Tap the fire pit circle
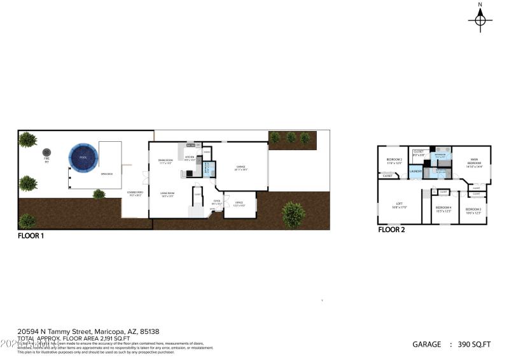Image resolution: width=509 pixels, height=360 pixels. [x=46, y=153]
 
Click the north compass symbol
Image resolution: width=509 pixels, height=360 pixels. [x=480, y=20]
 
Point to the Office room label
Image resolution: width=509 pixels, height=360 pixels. [x=239, y=204]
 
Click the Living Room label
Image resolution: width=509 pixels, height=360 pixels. [x=168, y=194]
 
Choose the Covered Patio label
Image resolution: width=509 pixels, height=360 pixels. [x=135, y=194]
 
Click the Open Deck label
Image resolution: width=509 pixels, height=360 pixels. [x=106, y=174]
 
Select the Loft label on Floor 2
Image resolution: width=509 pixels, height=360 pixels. [x=399, y=205]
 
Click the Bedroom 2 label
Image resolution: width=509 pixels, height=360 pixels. [x=394, y=161]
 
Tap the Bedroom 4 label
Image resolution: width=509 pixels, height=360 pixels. [x=443, y=209]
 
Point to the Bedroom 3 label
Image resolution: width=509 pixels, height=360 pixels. [x=473, y=211]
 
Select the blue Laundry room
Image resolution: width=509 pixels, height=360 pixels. [x=416, y=171]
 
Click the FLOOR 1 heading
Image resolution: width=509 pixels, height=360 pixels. [x=31, y=235]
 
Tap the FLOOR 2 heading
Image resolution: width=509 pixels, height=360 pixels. [x=392, y=230]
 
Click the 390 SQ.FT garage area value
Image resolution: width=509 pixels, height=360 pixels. [x=475, y=344]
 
